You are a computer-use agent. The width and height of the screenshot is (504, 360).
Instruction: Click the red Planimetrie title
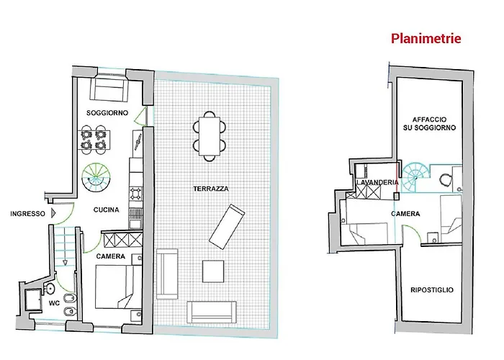click(x=426, y=38)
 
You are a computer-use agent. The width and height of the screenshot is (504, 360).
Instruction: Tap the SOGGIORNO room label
click(x=107, y=114)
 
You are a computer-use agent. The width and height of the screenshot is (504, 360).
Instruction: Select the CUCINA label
click(x=106, y=210)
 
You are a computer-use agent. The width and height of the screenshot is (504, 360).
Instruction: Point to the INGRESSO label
click(x=28, y=214)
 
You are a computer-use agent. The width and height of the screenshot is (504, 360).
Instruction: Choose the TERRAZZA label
click(x=211, y=189)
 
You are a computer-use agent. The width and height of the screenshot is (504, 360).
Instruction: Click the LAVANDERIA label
click(x=377, y=183)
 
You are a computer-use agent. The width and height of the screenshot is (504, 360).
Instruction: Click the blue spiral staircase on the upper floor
click(x=416, y=174)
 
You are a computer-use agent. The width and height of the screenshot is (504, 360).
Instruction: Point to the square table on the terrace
click(x=215, y=271)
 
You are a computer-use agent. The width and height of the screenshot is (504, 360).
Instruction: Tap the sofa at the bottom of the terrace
click(x=212, y=312)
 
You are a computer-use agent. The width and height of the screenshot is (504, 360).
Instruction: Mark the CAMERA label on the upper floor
click(x=406, y=215)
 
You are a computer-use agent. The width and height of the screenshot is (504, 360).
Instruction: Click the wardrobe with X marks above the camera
click(x=114, y=239)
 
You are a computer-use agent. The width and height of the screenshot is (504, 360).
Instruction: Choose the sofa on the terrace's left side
click(x=168, y=274)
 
